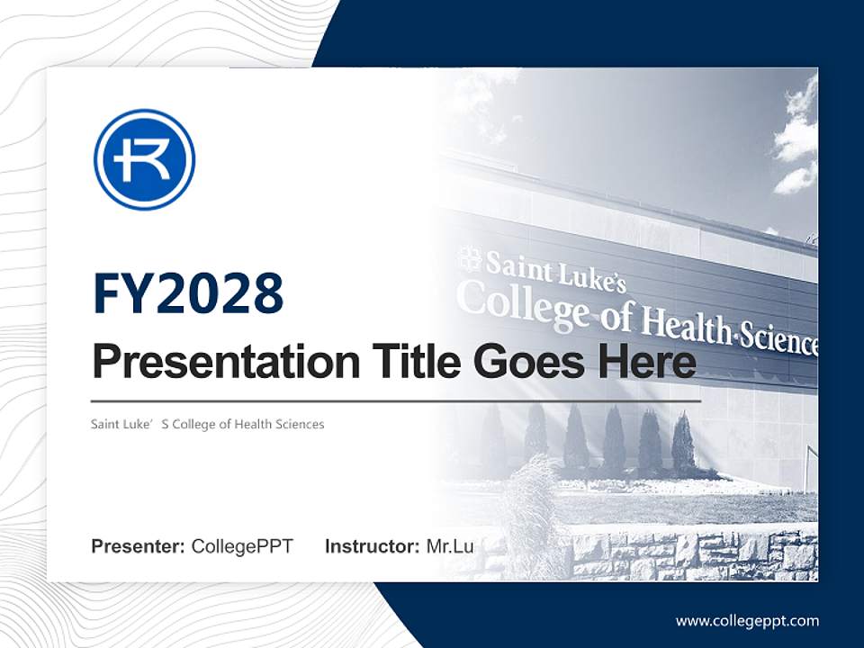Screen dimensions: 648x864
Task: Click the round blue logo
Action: (145, 159)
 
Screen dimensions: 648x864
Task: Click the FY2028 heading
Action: (188, 293)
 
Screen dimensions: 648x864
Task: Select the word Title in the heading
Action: (413, 362)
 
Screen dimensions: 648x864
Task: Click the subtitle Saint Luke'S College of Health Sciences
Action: (207, 424)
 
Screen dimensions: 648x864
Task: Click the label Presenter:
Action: (139, 546)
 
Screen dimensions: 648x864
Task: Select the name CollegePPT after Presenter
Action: (242, 546)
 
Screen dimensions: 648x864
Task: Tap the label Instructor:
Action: (372, 546)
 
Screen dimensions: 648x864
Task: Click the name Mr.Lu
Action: (450, 546)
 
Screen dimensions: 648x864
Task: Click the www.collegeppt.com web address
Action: (747, 620)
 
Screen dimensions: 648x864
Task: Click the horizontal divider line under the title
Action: (396, 401)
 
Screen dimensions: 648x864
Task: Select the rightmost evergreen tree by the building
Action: (683, 444)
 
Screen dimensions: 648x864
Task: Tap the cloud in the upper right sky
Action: (797, 144)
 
